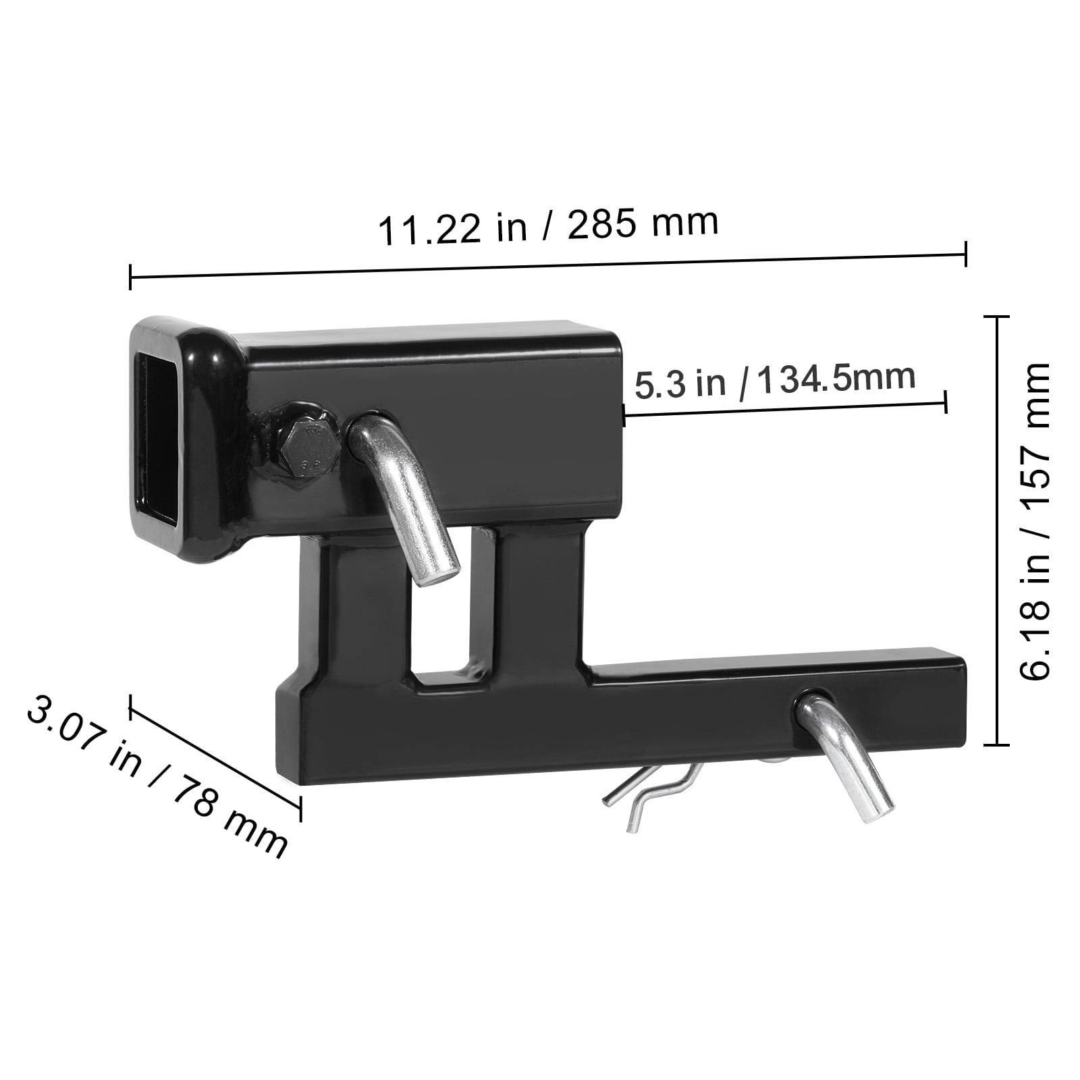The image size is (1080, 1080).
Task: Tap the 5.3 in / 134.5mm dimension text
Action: tap(774, 382)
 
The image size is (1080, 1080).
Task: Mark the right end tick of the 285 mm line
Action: tap(966, 254)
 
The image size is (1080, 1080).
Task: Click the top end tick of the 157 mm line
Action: tap(997, 317)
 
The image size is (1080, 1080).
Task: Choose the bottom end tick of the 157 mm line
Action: tap(997, 745)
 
